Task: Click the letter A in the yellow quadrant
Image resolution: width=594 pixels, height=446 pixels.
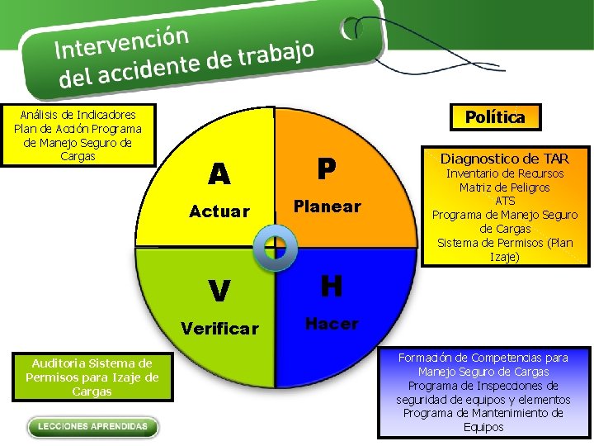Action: tap(219, 174)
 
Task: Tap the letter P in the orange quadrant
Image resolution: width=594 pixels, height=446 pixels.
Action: tap(328, 169)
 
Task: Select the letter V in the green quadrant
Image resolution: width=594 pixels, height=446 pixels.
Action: tap(219, 291)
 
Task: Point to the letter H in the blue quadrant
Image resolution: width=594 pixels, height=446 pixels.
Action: tap(331, 287)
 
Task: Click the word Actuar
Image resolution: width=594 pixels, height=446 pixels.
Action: tap(219, 211)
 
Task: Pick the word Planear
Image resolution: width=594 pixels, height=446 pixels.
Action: tap(328, 206)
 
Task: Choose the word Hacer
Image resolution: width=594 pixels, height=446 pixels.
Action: tap(331, 324)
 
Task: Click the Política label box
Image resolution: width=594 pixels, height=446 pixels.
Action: tap(494, 117)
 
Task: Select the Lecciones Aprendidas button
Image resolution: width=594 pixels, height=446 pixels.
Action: tap(92, 427)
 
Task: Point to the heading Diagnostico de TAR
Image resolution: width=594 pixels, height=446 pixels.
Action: tap(504, 159)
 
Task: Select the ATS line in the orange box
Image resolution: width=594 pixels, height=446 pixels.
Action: tap(505, 201)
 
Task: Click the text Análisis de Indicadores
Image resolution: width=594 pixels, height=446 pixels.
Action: tap(78, 115)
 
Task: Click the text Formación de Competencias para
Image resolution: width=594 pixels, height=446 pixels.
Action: tap(483, 358)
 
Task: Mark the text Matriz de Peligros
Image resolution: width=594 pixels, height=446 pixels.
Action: tap(505, 187)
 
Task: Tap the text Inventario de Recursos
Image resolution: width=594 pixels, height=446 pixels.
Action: tap(505, 173)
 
